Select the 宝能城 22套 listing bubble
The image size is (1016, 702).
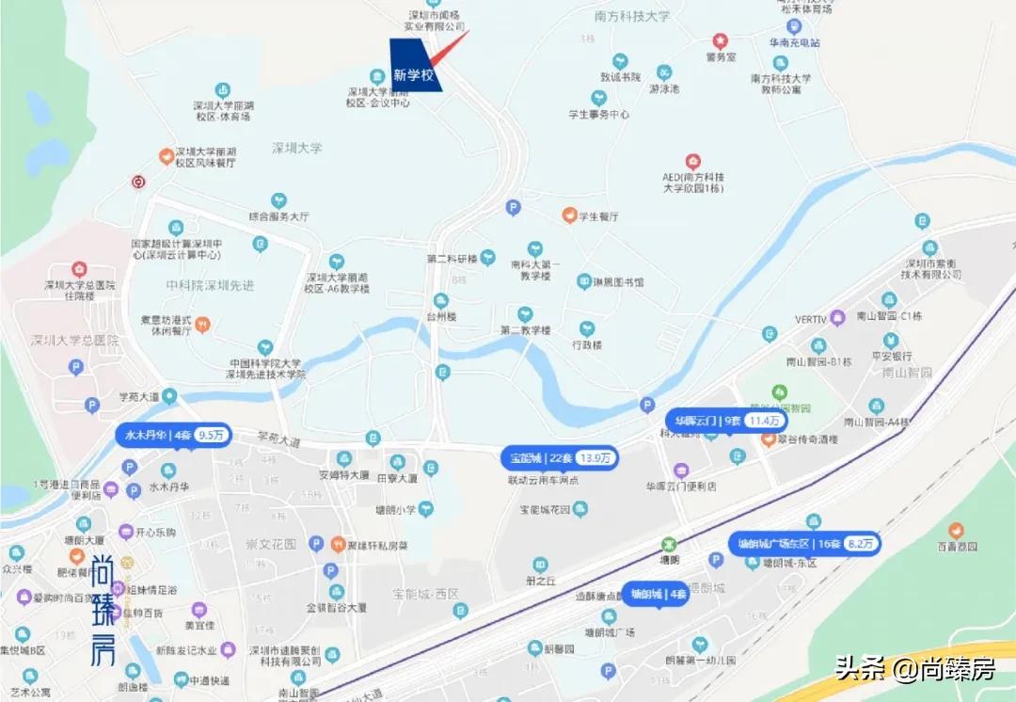pos(560,458)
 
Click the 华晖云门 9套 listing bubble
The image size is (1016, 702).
pos(725,421)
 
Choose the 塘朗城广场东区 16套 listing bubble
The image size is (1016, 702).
pos(804,543)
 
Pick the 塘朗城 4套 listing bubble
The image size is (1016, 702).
pos(659,594)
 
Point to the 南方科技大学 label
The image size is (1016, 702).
pos(632,16)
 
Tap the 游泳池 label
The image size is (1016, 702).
pos(664,88)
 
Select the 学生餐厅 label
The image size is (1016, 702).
pos(598,216)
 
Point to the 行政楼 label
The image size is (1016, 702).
pos(587,344)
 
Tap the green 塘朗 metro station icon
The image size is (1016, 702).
pos(668,544)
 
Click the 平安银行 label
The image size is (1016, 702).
pos(891,357)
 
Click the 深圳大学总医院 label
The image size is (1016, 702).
pos(75,340)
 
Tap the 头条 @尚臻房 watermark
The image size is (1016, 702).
pos(914,669)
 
